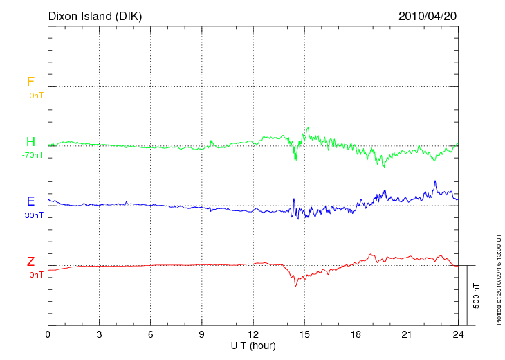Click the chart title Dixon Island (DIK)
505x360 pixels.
pos(95,16)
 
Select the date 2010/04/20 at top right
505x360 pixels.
pos(428,16)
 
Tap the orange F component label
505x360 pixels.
pos(30,82)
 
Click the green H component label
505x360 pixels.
pos(30,142)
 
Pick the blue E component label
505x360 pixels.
pos(30,201)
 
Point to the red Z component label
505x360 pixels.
pos(30,262)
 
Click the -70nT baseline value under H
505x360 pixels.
pos(32,155)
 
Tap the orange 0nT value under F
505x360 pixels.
pos(35,96)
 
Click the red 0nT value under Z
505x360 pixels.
pos(35,275)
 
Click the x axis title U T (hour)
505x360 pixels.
pos(253,345)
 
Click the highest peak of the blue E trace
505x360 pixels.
pos(435,181)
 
